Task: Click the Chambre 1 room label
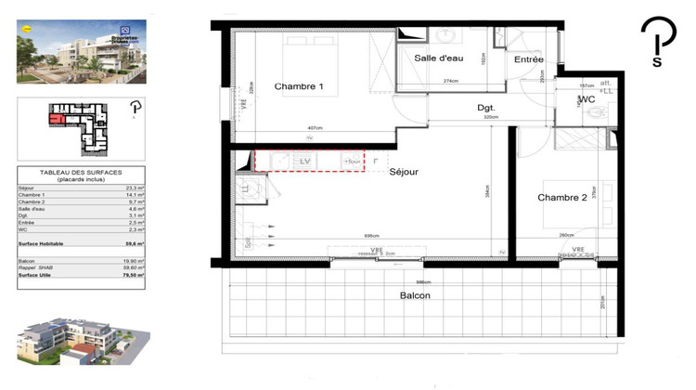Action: pos(299,86)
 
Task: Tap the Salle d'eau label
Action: pos(439,58)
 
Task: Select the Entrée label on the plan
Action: pos(530,59)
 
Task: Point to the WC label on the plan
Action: pos(586,98)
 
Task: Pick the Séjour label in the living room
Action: pos(405,172)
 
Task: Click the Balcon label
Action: pos(415,296)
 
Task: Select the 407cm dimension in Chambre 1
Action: pos(314,127)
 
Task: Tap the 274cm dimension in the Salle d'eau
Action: pos(451,81)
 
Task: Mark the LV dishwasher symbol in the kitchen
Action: pos(303,162)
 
